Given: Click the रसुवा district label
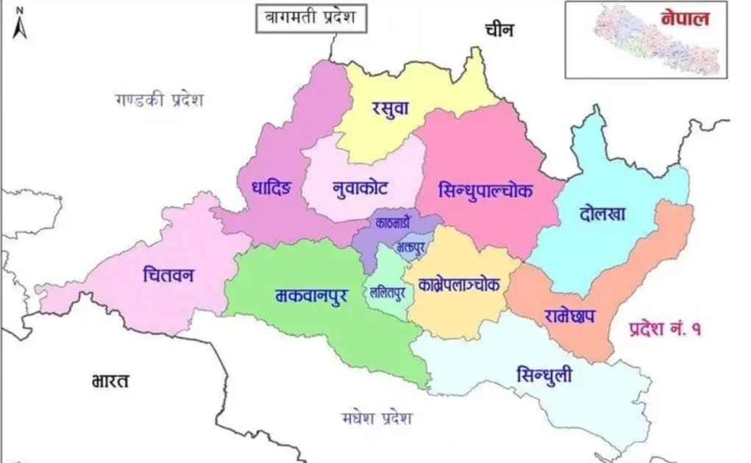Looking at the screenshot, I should tap(389, 108).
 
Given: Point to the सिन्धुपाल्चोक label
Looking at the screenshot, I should tap(485, 190).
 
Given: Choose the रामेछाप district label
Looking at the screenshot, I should tap(570, 316).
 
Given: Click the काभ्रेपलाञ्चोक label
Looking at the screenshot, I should tap(460, 284).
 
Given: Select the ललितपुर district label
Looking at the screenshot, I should tap(388, 292).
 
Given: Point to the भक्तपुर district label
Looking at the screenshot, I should tap(410, 247).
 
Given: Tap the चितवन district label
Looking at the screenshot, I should tap(168, 276).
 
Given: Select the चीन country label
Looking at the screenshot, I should tap(499, 29).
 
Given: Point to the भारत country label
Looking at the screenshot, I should tap(111, 381).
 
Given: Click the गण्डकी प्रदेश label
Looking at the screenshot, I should tap(158, 100).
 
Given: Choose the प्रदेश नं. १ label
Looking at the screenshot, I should tap(665, 329).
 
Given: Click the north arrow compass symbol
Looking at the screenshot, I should tap(20, 24).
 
